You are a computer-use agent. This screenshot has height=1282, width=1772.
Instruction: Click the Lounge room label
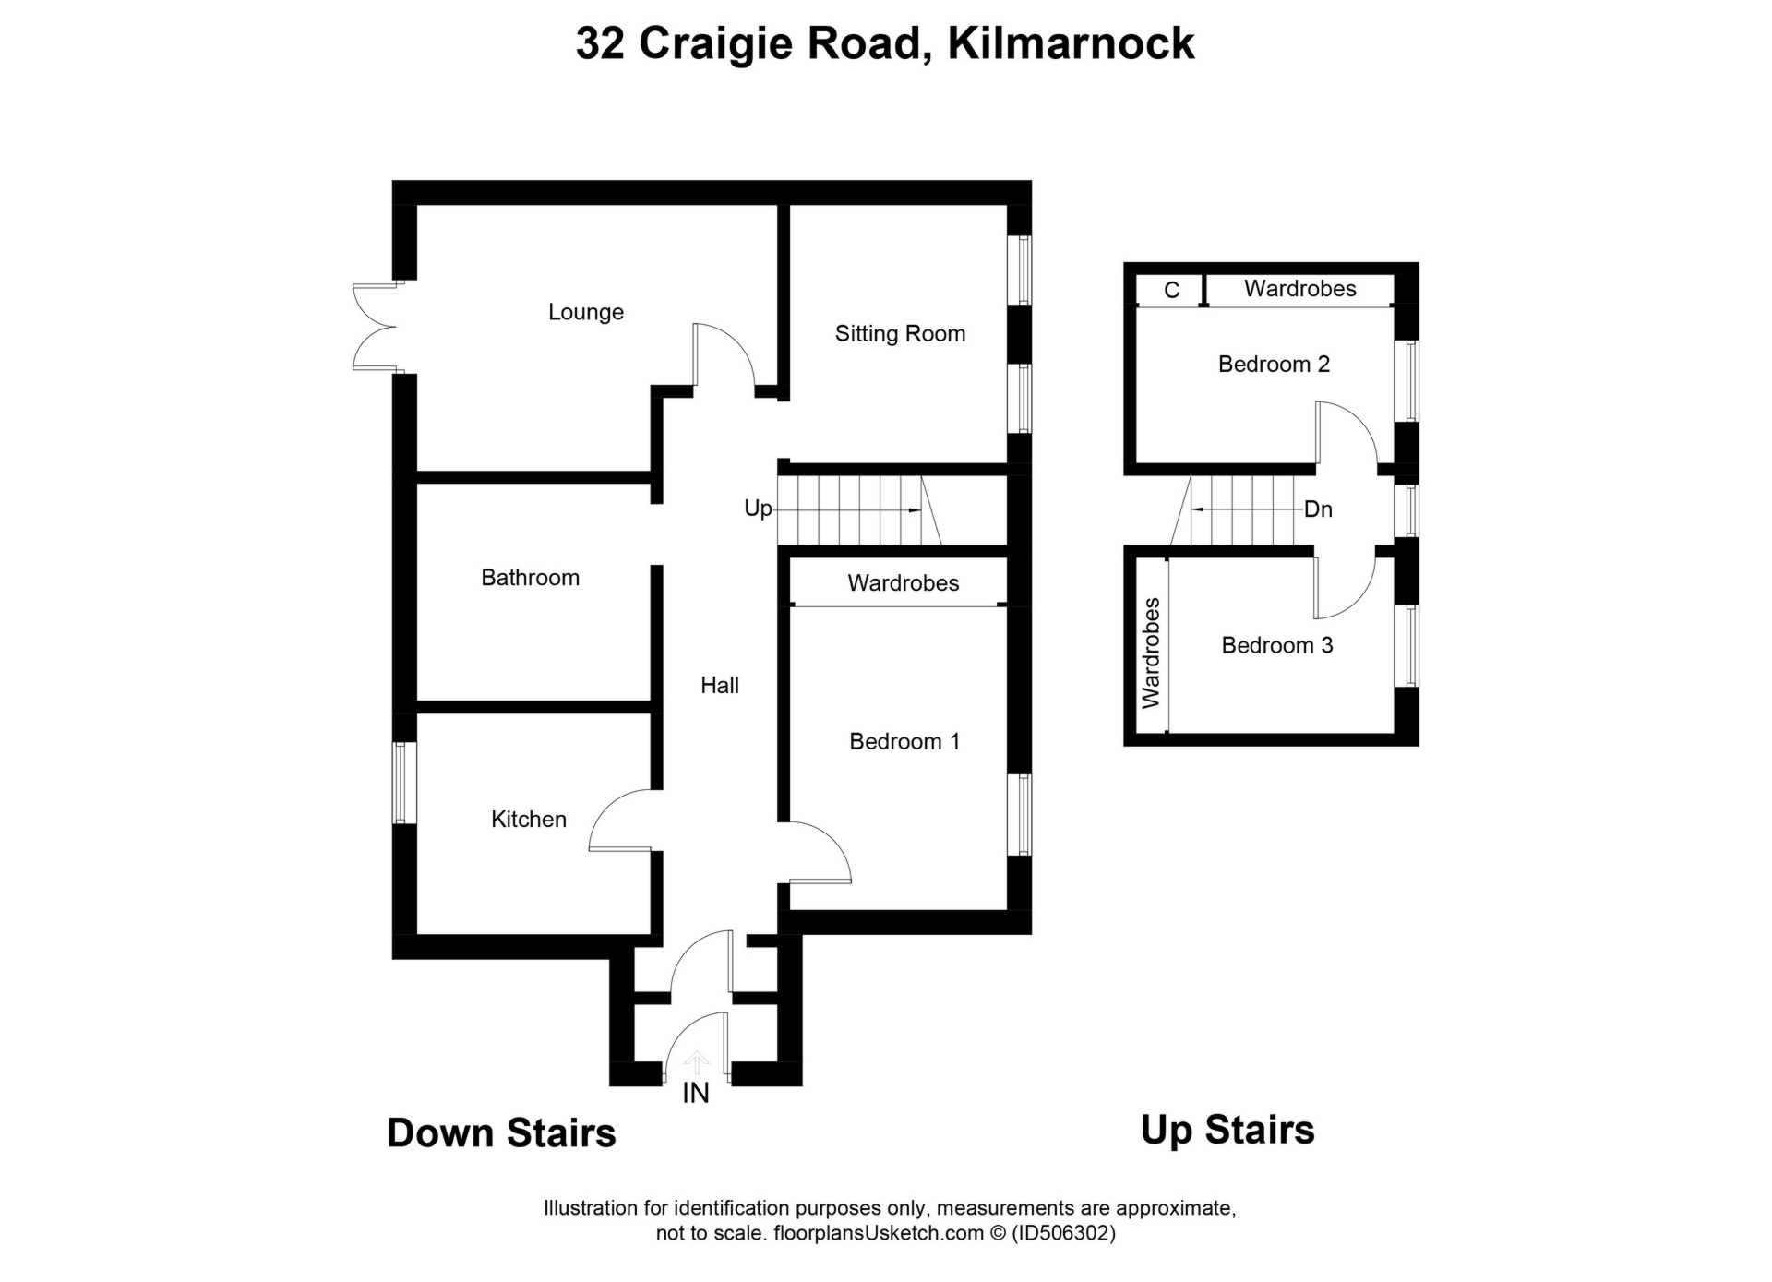coord(586,312)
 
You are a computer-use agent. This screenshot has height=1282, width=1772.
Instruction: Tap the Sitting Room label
coord(900,333)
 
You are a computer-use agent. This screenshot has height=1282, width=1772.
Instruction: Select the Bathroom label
coord(530,578)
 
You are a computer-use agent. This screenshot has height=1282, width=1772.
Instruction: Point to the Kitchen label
coord(528,819)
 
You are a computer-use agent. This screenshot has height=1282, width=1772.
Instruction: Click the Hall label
coord(720,685)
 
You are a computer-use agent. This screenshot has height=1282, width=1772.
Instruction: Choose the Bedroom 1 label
coord(904,741)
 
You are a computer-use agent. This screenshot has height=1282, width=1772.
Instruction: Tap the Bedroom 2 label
coord(1274,364)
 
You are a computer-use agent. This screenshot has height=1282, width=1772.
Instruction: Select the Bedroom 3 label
coord(1276,645)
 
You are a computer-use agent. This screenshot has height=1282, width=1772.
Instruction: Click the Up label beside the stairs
coord(758,509)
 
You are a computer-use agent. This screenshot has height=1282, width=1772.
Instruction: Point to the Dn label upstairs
coord(1318,509)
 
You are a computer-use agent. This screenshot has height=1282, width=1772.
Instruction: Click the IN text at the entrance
coord(696,1094)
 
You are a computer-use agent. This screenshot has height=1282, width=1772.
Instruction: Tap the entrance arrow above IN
coord(696,1062)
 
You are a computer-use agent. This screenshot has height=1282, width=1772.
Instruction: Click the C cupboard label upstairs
coord(1171,291)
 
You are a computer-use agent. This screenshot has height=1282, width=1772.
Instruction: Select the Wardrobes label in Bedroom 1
coord(904,583)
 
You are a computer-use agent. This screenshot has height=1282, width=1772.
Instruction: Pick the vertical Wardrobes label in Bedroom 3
coord(1151,653)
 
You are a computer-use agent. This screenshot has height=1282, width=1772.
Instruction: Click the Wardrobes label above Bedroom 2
coord(1299,289)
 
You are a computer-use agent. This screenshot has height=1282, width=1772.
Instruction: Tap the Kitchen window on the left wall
coord(400,783)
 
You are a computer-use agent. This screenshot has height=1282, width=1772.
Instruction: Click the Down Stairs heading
coord(501,1132)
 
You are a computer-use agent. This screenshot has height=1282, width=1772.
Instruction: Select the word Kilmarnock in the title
coord(1071,43)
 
